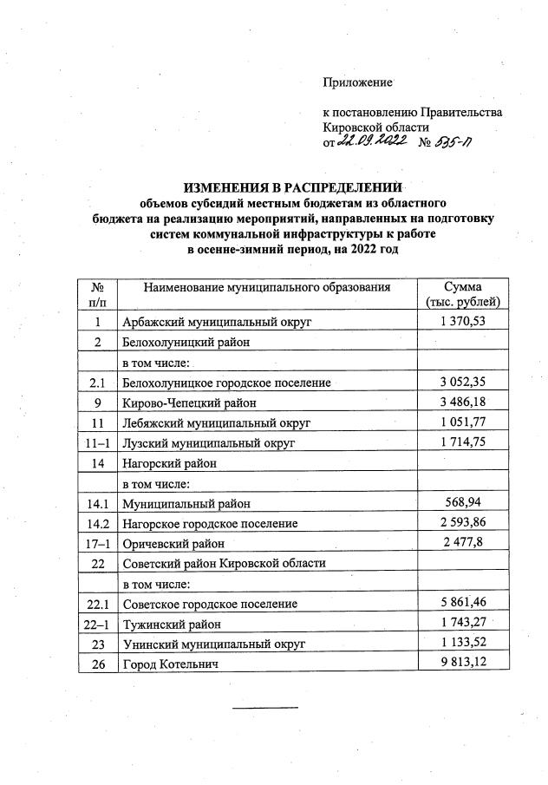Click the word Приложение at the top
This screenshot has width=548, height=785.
coord(357,82)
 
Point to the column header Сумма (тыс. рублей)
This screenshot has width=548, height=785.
coord(462,295)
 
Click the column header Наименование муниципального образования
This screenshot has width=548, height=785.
coord(267,288)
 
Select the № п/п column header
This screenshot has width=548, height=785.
coord(97,295)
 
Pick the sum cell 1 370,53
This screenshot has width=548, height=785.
coord(462,322)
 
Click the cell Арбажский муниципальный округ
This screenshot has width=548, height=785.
coord(216,323)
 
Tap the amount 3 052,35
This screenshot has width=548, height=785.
coord(462,383)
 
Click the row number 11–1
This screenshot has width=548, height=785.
coord(97,442)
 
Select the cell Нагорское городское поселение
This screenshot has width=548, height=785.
coord(210,523)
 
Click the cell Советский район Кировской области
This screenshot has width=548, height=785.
coord(224,564)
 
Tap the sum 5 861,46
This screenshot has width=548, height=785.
coord(462,604)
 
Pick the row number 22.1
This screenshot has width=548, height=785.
coord(97,604)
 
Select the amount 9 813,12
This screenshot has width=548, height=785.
coord(462,664)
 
